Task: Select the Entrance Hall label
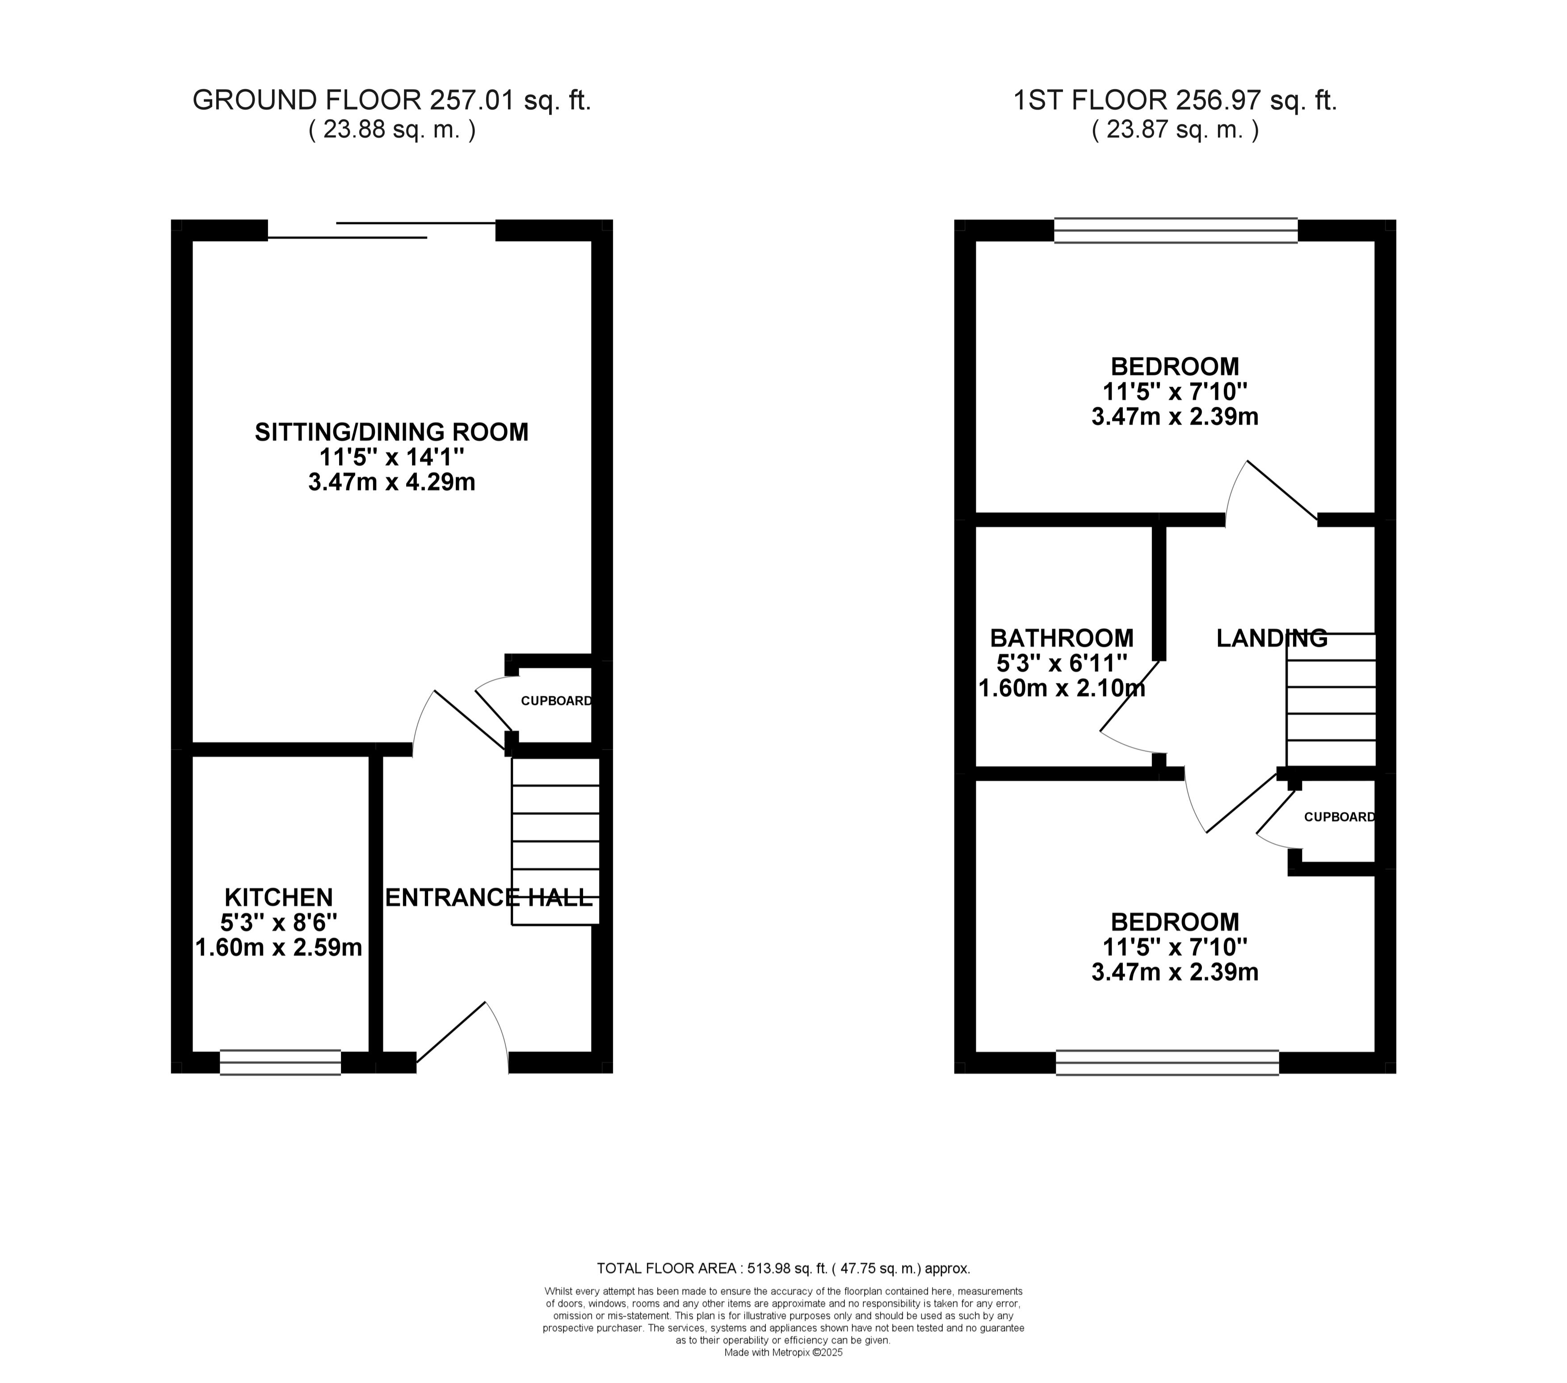pyautogui.click(x=489, y=897)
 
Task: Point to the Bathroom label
pyautogui.click(x=1062, y=638)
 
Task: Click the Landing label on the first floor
pyautogui.click(x=1272, y=638)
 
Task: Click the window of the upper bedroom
pyautogui.click(x=1176, y=231)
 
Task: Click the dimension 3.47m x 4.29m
pyautogui.click(x=392, y=482)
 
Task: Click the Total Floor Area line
pyautogui.click(x=784, y=1268)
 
